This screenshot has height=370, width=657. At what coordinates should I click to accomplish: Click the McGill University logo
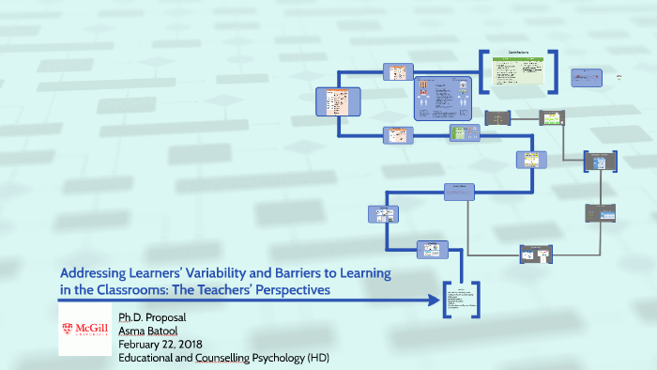pos(84,328)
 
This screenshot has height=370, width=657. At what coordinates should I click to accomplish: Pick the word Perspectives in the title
pos(289,290)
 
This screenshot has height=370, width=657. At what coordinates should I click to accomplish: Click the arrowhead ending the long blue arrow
pos(435,301)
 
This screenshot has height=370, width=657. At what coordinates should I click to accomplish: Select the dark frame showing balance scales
pos(497,116)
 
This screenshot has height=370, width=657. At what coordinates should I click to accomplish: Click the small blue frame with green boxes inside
pos(463,133)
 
